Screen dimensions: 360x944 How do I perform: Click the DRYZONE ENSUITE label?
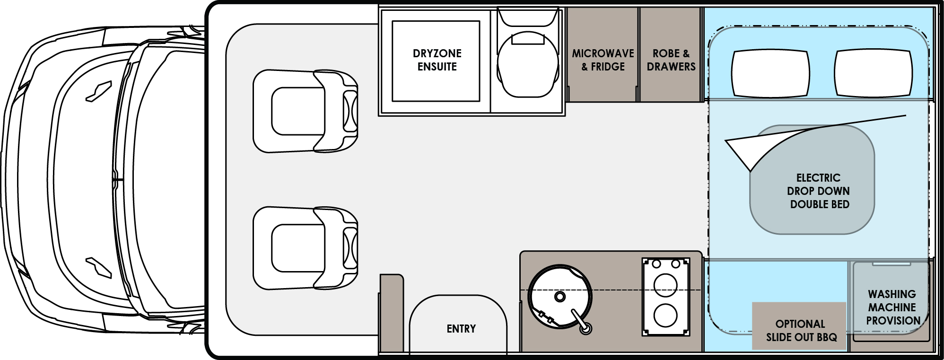click(437, 60)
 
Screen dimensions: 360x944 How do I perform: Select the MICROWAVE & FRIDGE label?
click(603, 60)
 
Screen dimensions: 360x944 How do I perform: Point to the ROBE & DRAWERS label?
click(671, 60)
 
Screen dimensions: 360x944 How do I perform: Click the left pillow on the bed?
click(770, 73)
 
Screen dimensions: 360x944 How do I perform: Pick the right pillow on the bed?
click(873, 73)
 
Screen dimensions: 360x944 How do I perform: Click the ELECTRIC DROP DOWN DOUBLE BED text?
click(818, 191)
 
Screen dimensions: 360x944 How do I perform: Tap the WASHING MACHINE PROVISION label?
click(892, 307)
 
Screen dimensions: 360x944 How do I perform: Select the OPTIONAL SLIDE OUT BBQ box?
click(800, 330)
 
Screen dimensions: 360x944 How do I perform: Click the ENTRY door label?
click(461, 329)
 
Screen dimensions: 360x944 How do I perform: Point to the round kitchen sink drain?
click(560, 297)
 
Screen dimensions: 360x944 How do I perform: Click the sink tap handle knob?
click(586, 327)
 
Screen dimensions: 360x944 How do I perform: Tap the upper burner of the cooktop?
click(665, 285)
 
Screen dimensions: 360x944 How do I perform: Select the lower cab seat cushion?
click(298, 248)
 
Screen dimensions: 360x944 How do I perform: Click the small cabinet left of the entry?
click(391, 312)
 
